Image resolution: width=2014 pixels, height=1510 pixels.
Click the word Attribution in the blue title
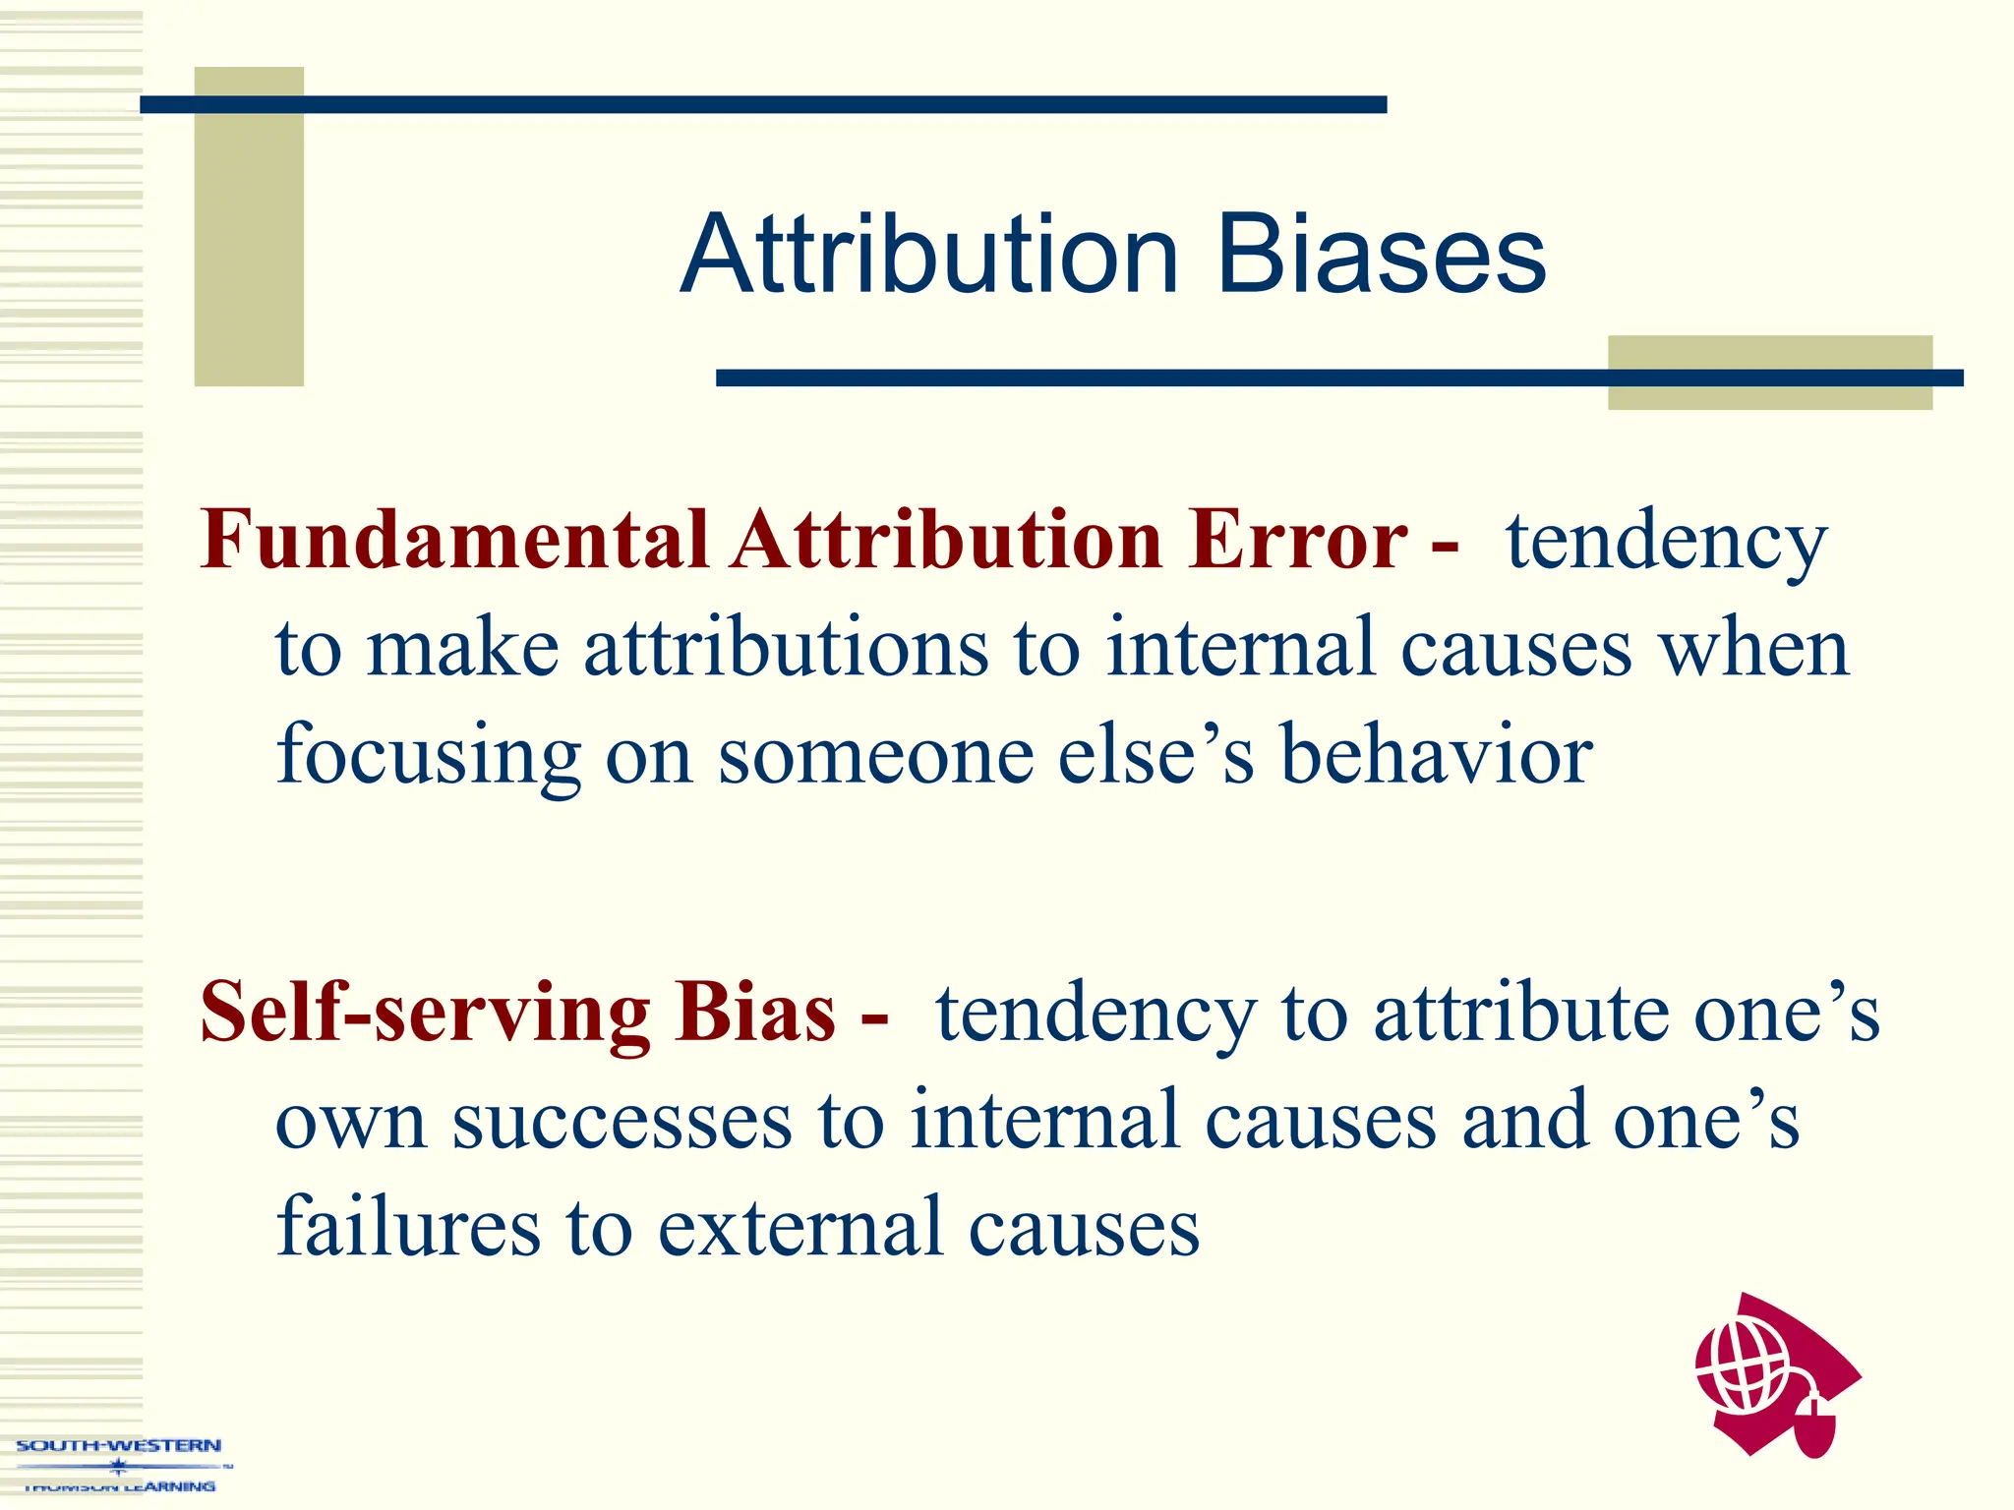[x=928, y=256]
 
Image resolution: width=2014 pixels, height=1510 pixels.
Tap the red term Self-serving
[x=424, y=1013]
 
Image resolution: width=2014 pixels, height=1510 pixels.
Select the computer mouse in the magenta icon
[x=1815, y=1425]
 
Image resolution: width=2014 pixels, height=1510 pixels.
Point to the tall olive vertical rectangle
[x=249, y=226]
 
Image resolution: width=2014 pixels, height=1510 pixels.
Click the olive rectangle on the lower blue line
[x=1769, y=373]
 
